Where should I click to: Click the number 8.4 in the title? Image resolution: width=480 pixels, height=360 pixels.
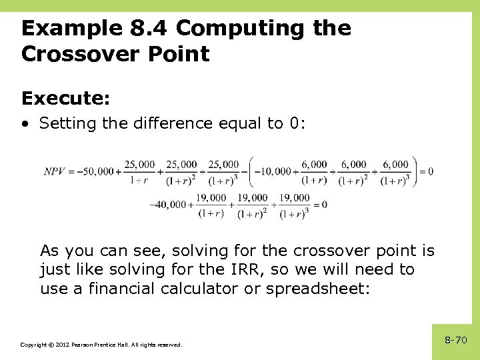[147, 28]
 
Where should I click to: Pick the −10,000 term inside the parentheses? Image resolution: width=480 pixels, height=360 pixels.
[275, 171]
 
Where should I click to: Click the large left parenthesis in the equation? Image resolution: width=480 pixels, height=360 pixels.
[250, 171]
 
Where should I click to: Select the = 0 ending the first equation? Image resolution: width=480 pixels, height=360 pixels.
[427, 171]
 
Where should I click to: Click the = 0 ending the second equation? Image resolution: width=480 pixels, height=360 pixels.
[321, 205]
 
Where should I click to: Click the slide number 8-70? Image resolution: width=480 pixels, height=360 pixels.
[455, 340]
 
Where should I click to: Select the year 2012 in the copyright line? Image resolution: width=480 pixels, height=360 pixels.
[61, 345]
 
